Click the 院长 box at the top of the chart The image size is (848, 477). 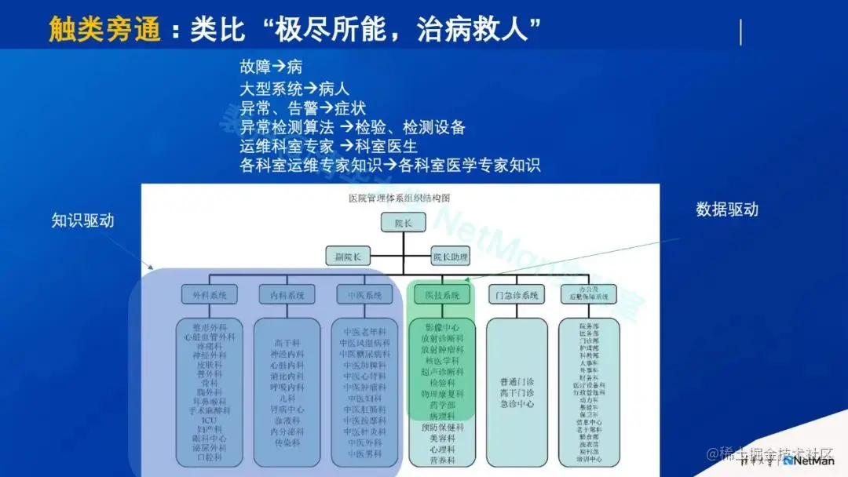tap(403, 223)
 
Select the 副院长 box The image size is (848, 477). tap(348, 256)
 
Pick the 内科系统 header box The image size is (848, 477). tap(286, 295)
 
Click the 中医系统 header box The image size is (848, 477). tap(364, 295)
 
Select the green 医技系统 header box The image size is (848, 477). tap(442, 295)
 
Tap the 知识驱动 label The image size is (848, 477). tap(83, 220)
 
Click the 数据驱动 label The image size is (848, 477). tap(727, 209)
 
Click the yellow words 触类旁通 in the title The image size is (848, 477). tap(104, 30)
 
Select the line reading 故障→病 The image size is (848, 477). tap(271, 67)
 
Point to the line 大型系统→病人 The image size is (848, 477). tap(294, 88)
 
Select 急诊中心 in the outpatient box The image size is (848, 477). tap(517, 404)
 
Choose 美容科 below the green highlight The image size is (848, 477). tap(442, 439)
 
